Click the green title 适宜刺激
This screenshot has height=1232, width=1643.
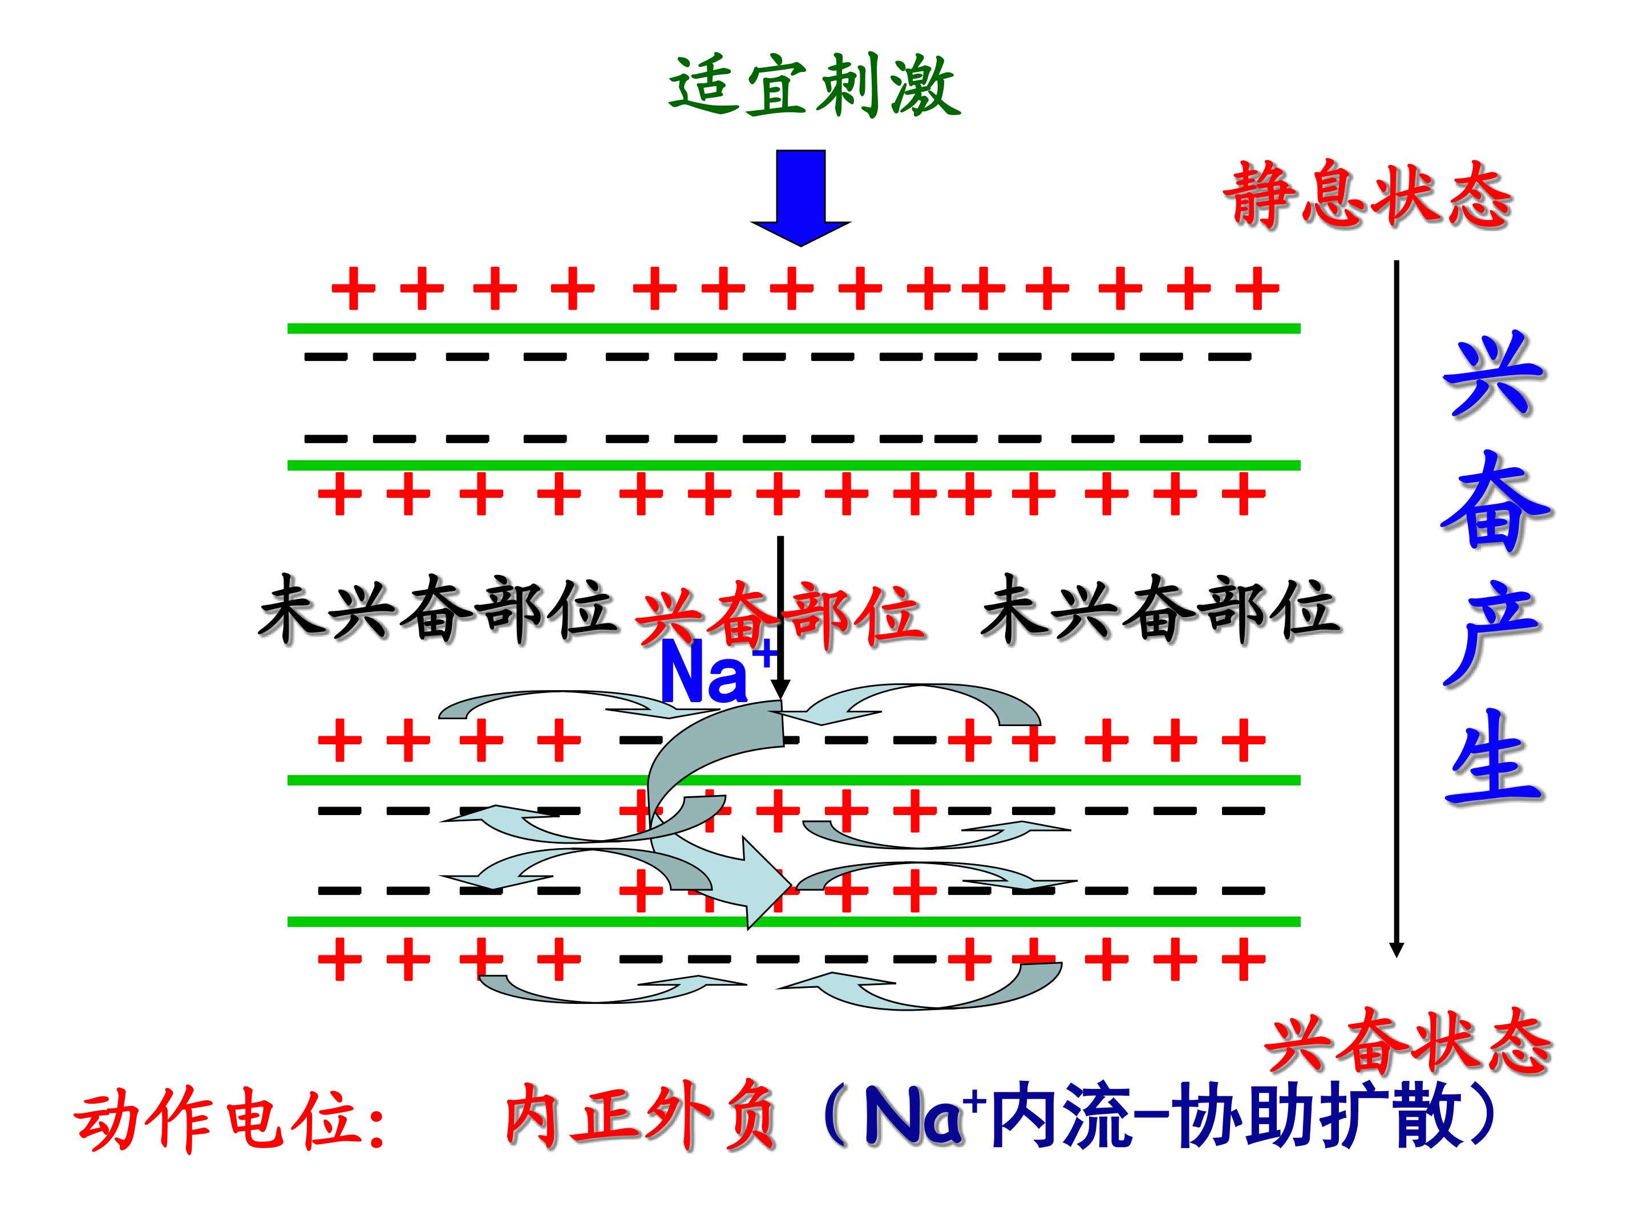814,86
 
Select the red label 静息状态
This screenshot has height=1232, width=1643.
1368,194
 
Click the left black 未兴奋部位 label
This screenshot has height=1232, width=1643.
438,609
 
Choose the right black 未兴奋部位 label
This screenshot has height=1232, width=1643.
1160,609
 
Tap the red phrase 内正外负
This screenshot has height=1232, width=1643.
640,1116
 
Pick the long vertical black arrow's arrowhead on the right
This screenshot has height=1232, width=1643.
1397,949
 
